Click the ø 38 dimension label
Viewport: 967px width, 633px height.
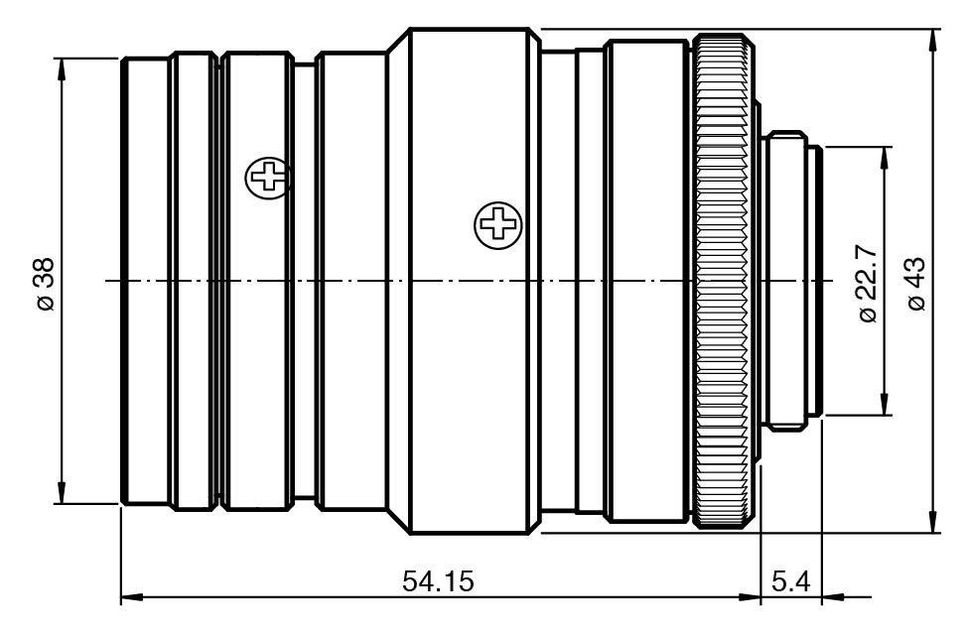tap(47, 284)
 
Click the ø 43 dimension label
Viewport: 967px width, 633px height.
tap(917, 284)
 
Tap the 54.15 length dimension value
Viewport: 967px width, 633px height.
tap(438, 581)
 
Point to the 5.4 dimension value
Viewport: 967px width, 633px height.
tap(790, 581)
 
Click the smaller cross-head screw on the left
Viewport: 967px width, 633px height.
tap(268, 179)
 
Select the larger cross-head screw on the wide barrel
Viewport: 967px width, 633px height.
tap(497, 225)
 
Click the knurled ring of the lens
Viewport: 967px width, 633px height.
tap(724, 281)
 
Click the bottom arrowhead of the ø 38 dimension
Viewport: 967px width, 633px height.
tap(61, 493)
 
